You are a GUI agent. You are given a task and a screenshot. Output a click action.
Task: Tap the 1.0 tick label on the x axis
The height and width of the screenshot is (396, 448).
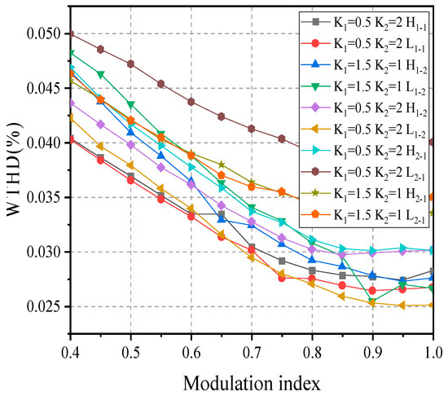[433, 352]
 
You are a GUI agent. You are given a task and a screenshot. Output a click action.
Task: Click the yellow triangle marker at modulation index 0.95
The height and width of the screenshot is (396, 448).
[403, 306]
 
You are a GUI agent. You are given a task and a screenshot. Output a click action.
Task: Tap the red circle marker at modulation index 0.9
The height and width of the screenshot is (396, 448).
[373, 290]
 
